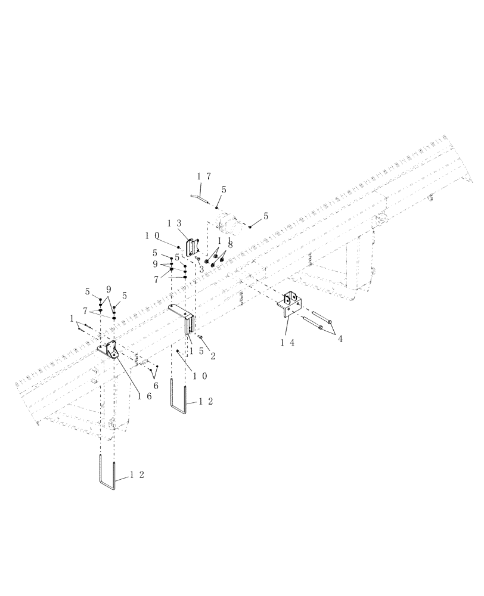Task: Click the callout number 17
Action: point(203,176)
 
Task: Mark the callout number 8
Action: point(230,244)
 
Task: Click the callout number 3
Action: point(202,269)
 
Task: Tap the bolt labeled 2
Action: point(201,337)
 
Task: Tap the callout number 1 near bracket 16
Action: point(73,319)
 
